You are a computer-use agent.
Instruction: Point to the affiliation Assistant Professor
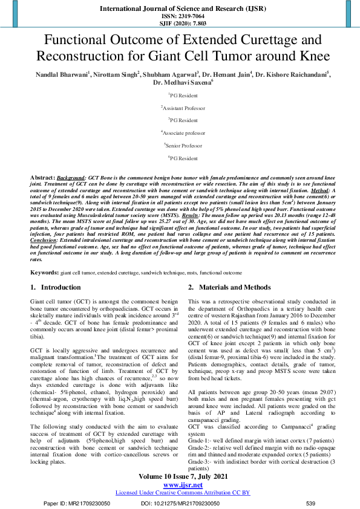(x=180, y=108)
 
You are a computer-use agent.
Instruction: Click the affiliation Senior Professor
(x=180, y=146)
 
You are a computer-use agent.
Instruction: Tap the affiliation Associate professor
(x=180, y=133)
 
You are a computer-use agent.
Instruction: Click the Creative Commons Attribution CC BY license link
(x=179, y=493)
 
